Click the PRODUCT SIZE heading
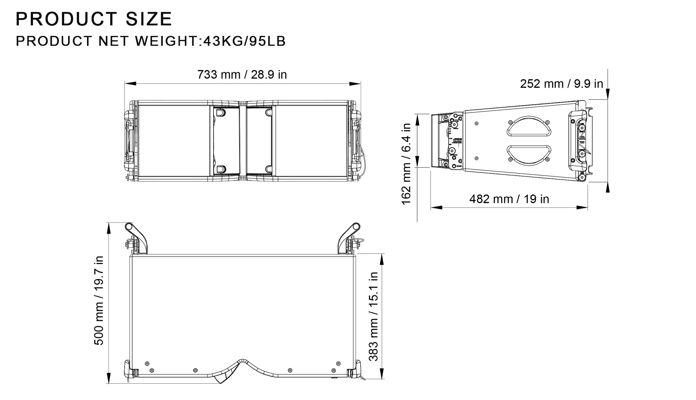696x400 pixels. coord(94,19)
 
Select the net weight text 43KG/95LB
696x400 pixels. coord(244,41)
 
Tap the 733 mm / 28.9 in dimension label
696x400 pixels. coord(242,75)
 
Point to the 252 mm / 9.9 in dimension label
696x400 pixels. coord(561,84)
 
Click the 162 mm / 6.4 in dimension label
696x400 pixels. coord(406,164)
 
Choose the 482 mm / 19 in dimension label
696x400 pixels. coord(509,199)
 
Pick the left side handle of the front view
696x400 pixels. coord(129,140)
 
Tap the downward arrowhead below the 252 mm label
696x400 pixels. coord(608,94)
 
